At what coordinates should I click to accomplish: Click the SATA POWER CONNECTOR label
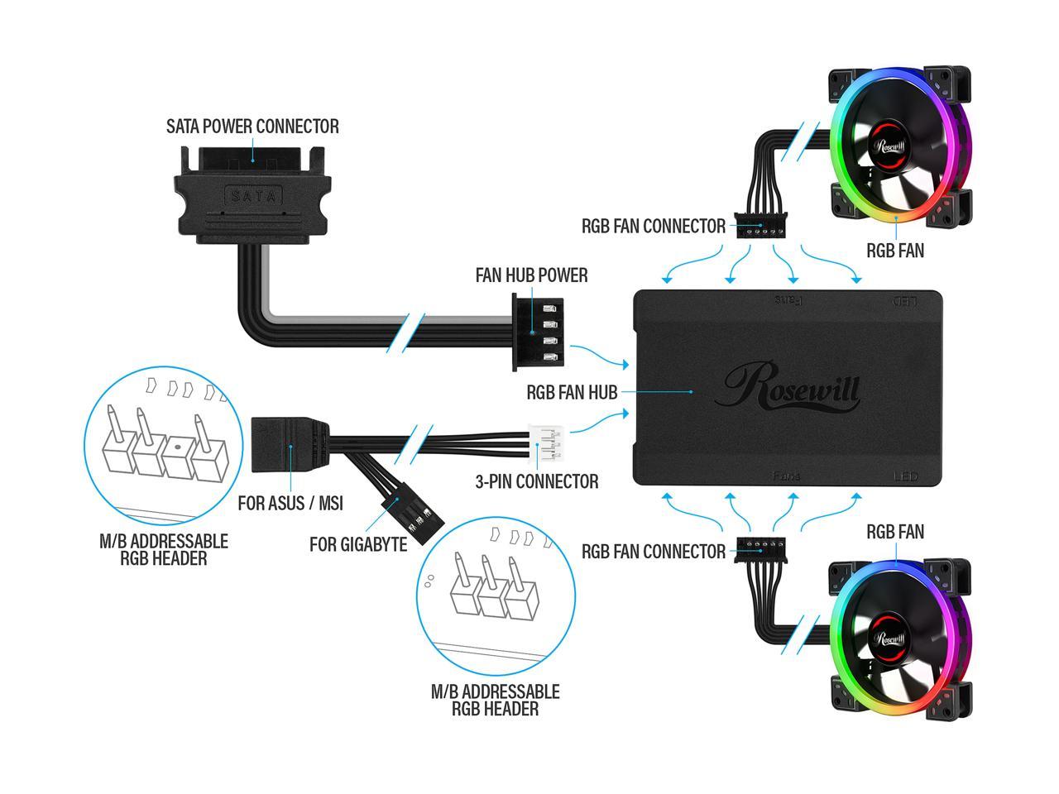[252, 127]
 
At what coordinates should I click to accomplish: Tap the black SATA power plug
[253, 195]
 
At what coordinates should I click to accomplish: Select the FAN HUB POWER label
[531, 275]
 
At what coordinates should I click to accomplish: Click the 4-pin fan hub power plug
[539, 332]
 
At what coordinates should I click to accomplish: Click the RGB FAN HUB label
[572, 392]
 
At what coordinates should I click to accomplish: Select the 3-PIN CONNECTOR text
[537, 481]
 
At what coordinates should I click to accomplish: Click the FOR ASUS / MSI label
[290, 503]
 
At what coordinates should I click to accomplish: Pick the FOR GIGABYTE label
[358, 544]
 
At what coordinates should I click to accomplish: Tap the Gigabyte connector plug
[411, 517]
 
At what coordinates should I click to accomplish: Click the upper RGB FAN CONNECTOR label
[653, 226]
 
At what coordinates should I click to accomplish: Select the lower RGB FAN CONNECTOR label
[653, 552]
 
